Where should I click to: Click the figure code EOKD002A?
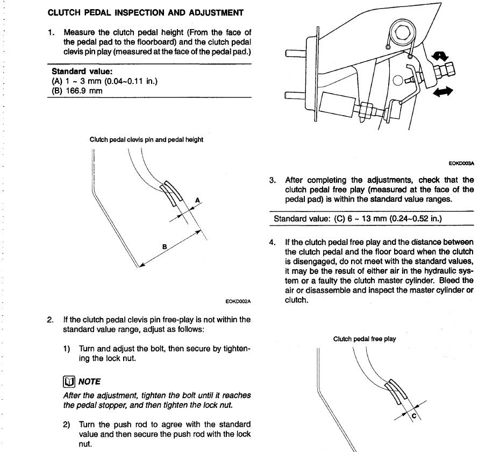239,301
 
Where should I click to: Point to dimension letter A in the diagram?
198,201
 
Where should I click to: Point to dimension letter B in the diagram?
165,246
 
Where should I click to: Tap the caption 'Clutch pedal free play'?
365,339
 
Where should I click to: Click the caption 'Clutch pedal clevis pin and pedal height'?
146,140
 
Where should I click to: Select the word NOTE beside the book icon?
89,382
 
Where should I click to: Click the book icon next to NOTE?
68,382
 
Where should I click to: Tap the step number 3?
272,180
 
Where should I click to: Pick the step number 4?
272,242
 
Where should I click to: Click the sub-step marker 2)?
67,425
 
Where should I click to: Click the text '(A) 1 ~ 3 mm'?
77,81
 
